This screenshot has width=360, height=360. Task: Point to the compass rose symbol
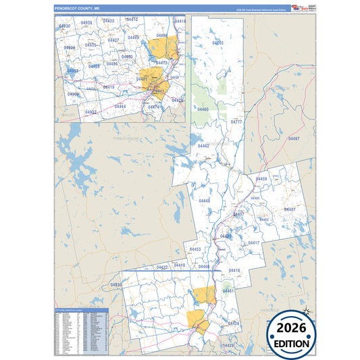pyautogui.click(x=307, y=311)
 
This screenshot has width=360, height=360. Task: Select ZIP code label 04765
pyautogui.click(x=217, y=43)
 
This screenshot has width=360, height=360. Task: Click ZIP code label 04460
pyautogui.click(x=203, y=109)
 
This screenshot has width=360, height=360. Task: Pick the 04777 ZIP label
pyautogui.click(x=236, y=122)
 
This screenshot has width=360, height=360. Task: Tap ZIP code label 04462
pyautogui.click(x=203, y=145)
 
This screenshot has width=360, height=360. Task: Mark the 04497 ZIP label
pyautogui.click(x=293, y=138)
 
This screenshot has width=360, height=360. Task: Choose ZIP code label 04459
pyautogui.click(x=261, y=179)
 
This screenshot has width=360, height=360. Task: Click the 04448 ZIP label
pyautogui.click(x=205, y=201)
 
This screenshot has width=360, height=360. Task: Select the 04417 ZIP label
pyautogui.click(x=254, y=242)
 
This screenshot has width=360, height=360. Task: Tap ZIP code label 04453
pyautogui.click(x=195, y=249)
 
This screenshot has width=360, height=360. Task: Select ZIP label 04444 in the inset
pyautogui.click(x=120, y=106)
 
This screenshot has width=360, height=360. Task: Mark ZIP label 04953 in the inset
pyautogui.click(x=73, y=70)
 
